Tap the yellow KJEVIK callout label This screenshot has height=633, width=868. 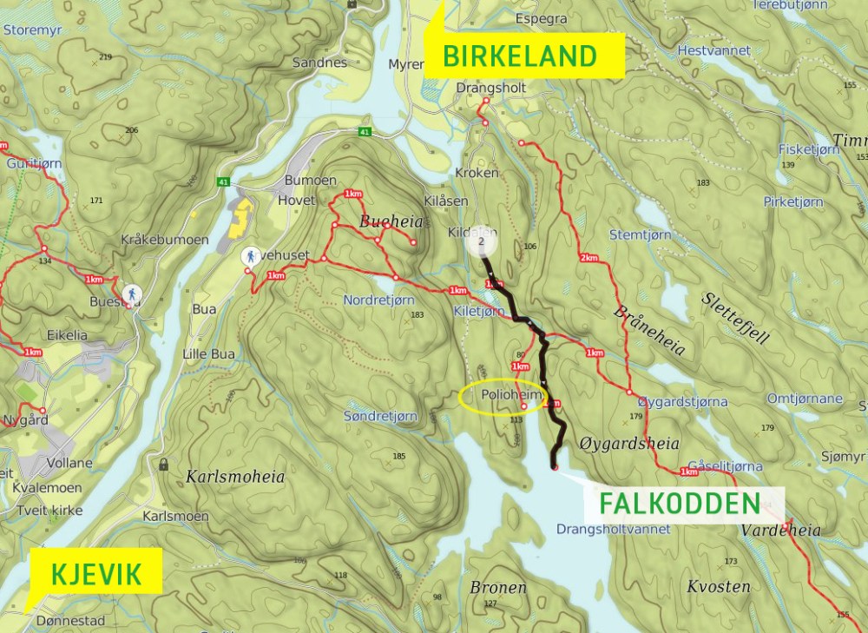point(95,572)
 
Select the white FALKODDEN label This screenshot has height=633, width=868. point(678,503)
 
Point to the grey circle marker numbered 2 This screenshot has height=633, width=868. point(481,241)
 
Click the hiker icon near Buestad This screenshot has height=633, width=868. point(132,293)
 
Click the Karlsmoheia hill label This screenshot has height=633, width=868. point(234,477)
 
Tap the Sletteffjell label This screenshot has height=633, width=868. point(734,318)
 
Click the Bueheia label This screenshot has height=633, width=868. point(391,222)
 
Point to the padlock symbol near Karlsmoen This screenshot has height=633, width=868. point(163,465)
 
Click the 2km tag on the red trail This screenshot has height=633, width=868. point(589,258)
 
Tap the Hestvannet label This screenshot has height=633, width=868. point(713,51)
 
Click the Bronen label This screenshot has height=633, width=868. point(498,588)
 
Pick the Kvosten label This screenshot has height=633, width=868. point(718,586)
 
